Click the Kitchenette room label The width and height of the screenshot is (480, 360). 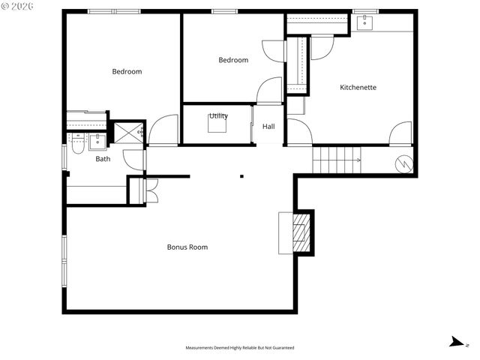click(358, 88)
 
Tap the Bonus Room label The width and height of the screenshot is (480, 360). click(187, 247)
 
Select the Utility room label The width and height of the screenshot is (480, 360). click(218, 115)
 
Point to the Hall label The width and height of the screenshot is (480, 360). click(268, 126)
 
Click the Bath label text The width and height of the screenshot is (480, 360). click(103, 158)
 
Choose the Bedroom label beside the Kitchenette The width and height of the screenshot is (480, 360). click(233, 60)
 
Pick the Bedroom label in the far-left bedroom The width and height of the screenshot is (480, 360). click(127, 71)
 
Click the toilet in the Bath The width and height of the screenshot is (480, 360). click(77, 144)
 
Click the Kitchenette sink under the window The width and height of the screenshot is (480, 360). click(364, 22)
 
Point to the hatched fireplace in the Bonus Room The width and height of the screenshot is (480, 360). click(300, 232)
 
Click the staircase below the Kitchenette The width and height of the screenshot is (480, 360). click(337, 160)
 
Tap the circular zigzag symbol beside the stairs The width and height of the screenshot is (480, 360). click(403, 162)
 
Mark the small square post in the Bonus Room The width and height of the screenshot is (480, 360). click(241, 177)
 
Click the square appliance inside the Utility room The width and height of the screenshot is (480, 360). click(218, 125)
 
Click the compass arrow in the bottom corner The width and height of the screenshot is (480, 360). click(455, 342)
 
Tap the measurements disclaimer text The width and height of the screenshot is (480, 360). click(240, 348)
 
